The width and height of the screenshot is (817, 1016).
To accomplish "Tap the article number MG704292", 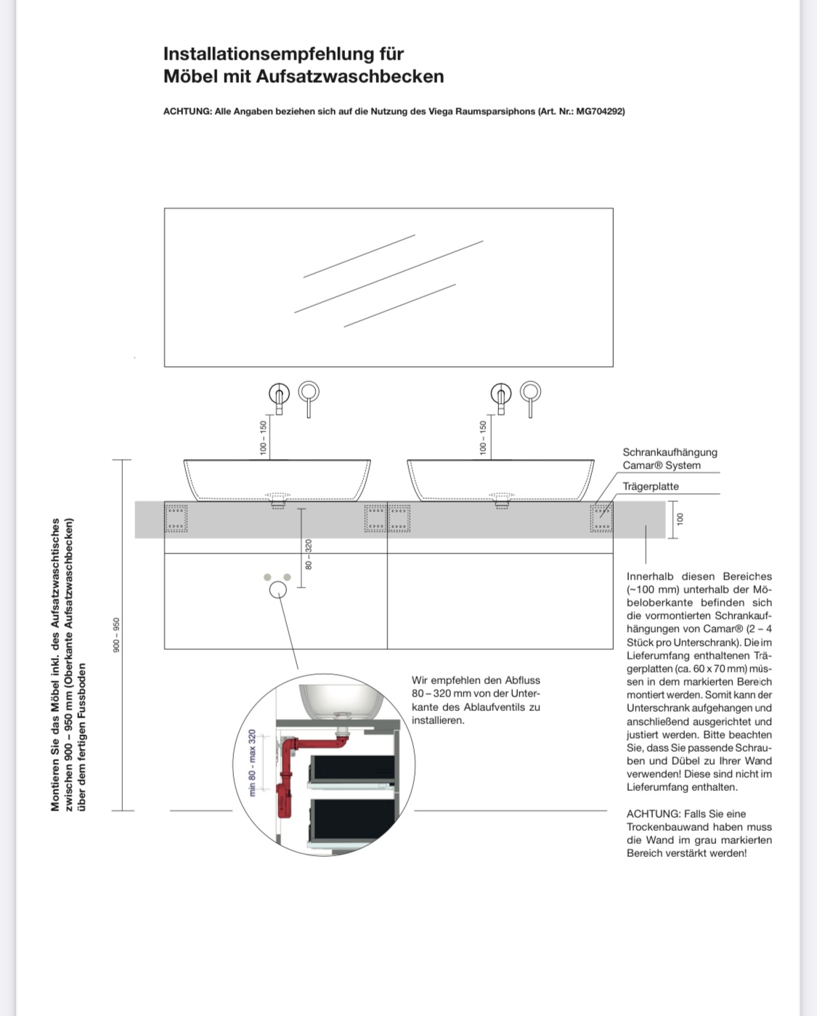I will coord(598,111).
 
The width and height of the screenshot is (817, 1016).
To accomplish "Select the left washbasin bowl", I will coord(277,477).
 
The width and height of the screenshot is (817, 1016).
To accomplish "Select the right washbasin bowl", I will coord(500,477).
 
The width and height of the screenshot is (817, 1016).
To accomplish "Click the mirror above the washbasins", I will coord(389,287).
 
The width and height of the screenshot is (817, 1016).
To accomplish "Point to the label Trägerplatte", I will coord(651,487).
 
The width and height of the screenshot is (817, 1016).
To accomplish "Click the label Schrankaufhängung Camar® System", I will coord(669,458).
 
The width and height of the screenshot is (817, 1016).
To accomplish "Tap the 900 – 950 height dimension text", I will coord(115,634).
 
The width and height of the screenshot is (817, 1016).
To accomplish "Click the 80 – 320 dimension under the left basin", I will coord(308,554).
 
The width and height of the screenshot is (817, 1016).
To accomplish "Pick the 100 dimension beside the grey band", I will coord(680,519).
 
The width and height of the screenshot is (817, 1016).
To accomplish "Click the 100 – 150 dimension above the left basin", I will coord(263,438).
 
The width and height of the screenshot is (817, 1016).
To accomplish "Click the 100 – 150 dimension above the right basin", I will coord(482,438).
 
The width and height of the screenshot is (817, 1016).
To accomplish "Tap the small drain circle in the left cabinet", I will coord(277,589).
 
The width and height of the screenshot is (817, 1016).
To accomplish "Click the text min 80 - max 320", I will coord(253,763).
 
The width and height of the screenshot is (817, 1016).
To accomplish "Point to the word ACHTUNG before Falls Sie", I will coord(654,814).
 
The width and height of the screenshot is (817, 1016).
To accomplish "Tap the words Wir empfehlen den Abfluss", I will coord(476,680).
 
